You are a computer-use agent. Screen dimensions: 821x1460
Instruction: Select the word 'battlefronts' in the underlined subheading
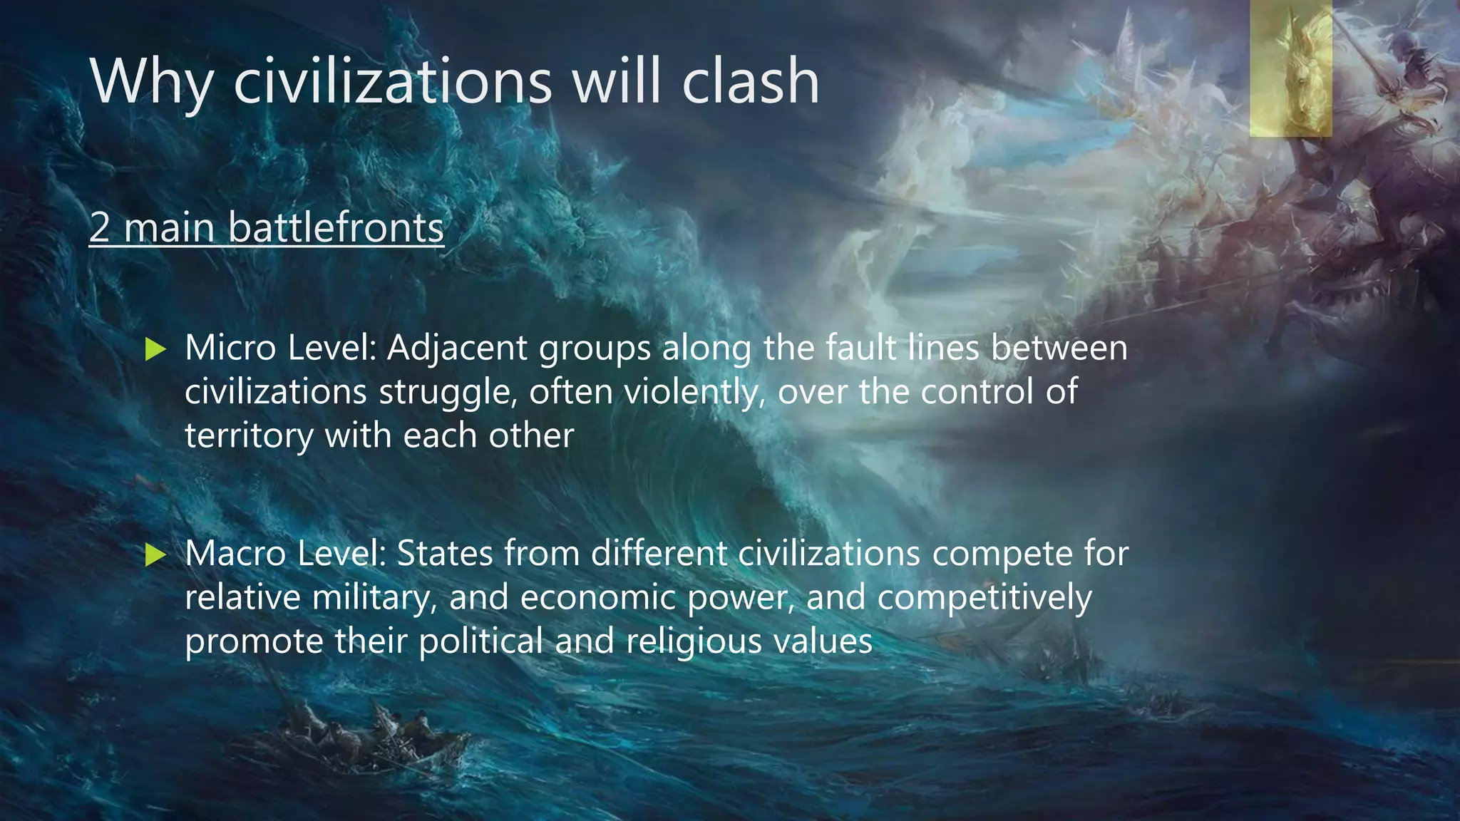(336, 228)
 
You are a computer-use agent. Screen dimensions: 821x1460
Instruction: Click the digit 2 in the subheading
(100, 228)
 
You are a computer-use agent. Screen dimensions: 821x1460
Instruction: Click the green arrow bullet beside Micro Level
(155, 349)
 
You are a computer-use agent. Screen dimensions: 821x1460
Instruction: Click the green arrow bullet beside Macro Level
(155, 554)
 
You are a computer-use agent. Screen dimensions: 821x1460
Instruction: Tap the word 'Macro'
(235, 553)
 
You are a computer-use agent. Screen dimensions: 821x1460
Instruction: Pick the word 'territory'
(249, 436)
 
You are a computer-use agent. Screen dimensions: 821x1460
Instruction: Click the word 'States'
(444, 553)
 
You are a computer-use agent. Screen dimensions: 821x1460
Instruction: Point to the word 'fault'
(861, 348)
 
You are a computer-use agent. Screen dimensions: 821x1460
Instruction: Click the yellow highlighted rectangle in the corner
(1290, 68)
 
